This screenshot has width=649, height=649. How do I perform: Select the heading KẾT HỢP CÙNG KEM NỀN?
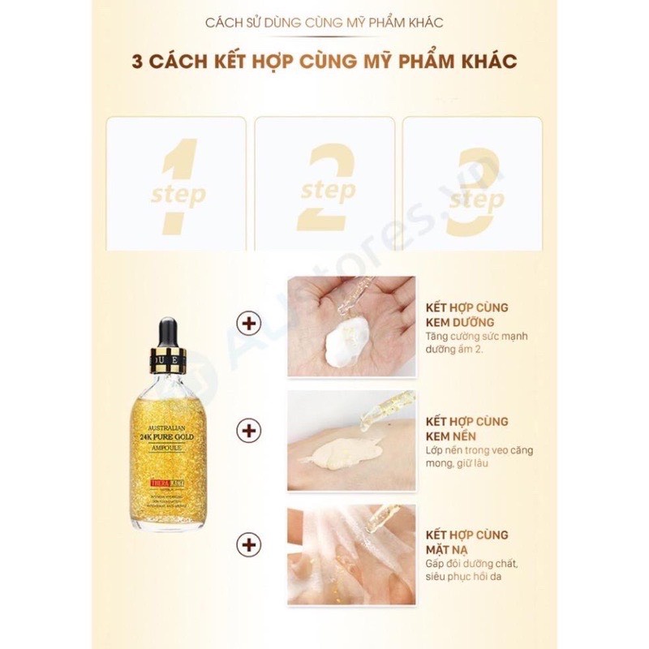(468, 428)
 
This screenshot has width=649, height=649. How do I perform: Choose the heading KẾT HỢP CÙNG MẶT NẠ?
(468, 542)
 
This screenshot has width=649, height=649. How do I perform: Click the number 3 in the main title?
(137, 63)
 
